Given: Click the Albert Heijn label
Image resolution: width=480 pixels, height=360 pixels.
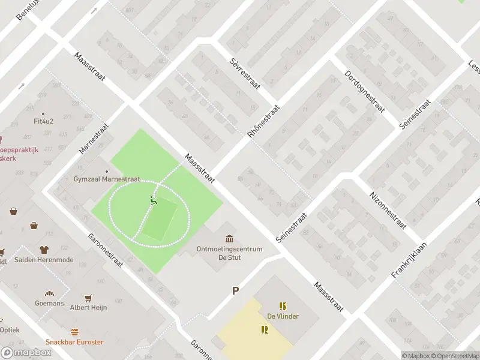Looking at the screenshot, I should (x=89, y=308).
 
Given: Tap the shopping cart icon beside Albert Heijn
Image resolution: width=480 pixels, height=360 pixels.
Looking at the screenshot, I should (x=89, y=298).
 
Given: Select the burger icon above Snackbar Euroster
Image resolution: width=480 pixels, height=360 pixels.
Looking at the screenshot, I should (x=74, y=332).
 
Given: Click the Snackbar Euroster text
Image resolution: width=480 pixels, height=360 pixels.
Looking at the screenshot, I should (x=74, y=342).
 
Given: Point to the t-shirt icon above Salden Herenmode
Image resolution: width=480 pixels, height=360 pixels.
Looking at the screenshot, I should (x=44, y=249).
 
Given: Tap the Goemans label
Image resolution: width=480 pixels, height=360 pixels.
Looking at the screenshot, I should (x=49, y=304).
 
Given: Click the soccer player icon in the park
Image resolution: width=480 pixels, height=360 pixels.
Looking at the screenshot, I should (x=154, y=201).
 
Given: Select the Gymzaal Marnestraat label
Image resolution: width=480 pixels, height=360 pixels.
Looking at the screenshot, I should (x=106, y=179).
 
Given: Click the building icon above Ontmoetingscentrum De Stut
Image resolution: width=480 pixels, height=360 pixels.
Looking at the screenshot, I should (x=229, y=239).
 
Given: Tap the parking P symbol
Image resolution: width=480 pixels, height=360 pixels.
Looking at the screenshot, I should (x=236, y=291).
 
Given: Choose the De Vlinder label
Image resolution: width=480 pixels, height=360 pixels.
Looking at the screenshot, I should (x=283, y=316).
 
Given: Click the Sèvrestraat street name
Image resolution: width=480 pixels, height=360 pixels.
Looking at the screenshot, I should (x=245, y=74).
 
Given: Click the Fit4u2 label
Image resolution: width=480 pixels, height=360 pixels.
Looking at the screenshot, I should (x=43, y=121).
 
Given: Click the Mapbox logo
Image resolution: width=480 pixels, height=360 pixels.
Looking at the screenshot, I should (x=26, y=352).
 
